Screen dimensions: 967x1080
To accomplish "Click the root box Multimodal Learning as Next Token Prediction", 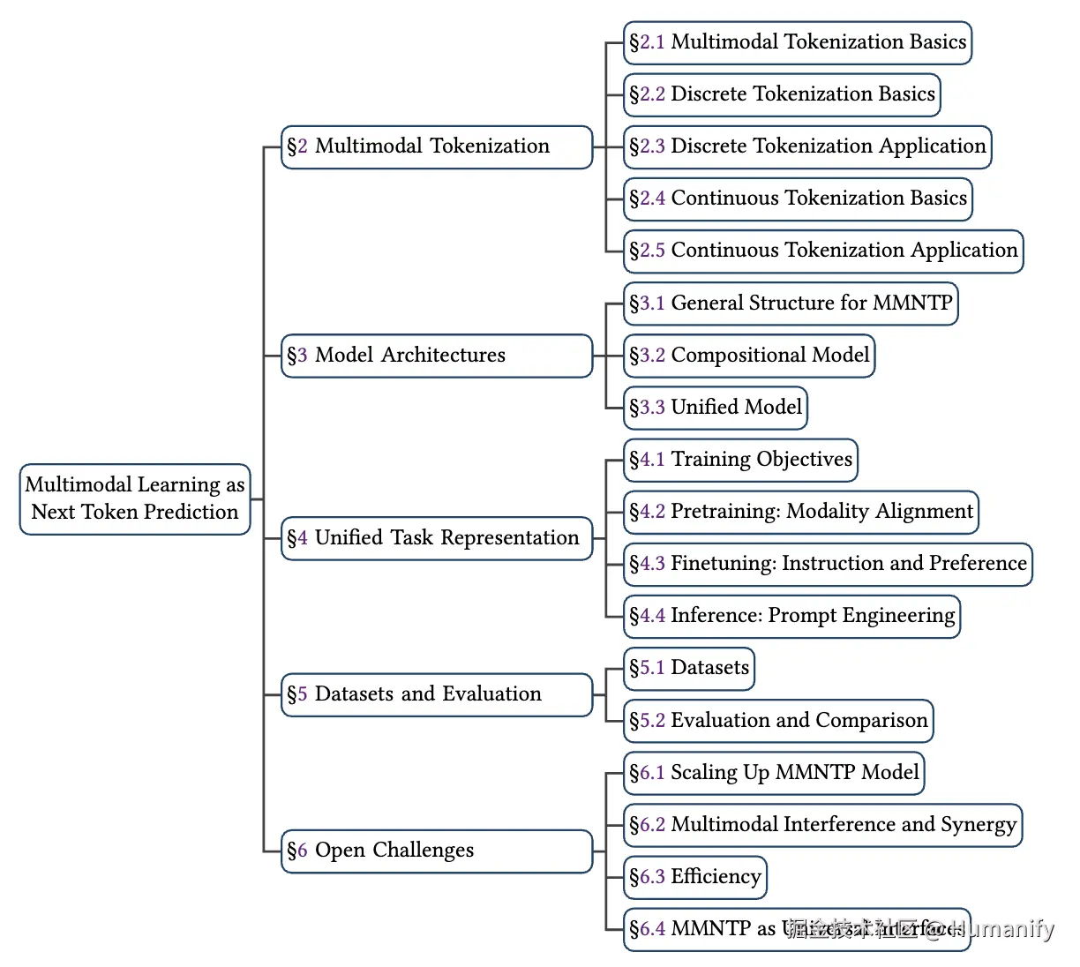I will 135,498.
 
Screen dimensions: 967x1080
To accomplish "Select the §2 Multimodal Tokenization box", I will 436,146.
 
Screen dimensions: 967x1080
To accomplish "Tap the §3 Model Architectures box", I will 436,356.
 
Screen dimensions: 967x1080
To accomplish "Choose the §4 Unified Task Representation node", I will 436,538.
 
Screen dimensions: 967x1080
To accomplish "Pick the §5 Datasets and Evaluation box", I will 436,694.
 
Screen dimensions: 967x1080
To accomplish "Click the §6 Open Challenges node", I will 436,851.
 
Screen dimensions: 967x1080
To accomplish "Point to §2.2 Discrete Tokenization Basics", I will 782,94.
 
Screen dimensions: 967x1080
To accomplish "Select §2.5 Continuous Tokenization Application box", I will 822,251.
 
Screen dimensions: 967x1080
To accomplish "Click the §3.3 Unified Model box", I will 715,408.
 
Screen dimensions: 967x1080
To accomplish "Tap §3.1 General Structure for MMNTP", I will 790,304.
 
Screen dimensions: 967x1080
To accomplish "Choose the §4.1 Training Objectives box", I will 740,460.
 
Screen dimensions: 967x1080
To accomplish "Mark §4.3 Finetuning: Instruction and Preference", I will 827,564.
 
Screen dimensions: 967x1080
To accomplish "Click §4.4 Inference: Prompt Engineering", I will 791,616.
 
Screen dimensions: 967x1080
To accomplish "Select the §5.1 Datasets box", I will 688,668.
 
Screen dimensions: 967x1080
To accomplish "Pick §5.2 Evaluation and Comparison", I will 777,721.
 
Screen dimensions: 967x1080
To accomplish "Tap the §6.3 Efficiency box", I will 694,877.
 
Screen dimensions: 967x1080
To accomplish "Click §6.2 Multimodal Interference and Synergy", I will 821,825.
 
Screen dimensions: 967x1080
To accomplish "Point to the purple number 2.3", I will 652,147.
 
